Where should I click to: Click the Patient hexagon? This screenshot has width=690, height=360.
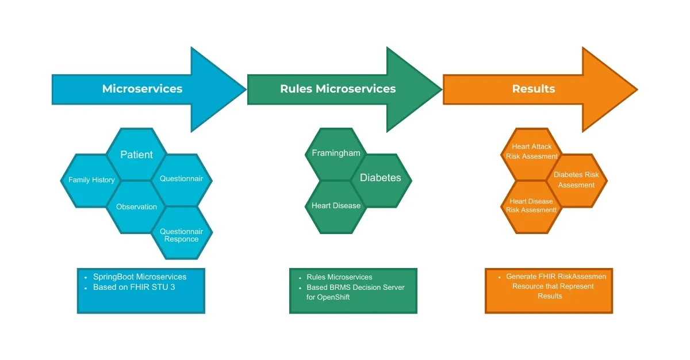(x=136, y=154)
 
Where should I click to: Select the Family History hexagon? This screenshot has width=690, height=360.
(x=91, y=180)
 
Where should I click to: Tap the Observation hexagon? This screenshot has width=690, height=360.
(x=136, y=206)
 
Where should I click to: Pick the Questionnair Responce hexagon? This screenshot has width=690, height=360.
(x=182, y=235)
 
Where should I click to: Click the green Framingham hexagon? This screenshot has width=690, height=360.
(x=336, y=154)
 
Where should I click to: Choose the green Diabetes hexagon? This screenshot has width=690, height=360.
(x=381, y=178)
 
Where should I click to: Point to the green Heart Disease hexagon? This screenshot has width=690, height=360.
(x=336, y=206)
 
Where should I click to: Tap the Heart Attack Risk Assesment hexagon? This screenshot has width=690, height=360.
(x=532, y=152)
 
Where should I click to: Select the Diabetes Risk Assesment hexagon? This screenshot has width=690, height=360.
(x=576, y=179)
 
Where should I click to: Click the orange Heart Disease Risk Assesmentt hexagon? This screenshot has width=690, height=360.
(x=531, y=206)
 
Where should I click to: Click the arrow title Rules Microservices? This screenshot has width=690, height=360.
(x=338, y=89)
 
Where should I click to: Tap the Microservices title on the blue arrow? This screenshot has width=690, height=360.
(x=142, y=89)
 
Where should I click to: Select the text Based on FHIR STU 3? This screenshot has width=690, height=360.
(x=133, y=286)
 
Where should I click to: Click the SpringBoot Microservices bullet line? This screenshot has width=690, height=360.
(x=139, y=277)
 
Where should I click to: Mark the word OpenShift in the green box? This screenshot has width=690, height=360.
(x=336, y=297)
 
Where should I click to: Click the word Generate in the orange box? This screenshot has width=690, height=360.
(x=522, y=277)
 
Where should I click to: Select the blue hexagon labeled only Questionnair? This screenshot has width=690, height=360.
(x=182, y=179)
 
